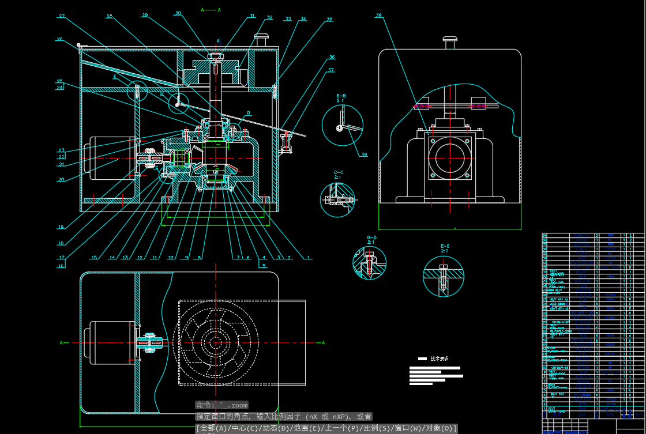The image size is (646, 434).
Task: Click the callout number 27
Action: [x=61, y=16]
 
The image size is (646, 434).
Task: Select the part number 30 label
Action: [x=178, y=13]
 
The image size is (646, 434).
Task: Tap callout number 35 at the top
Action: [x=329, y=20]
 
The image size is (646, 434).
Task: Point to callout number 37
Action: [x=331, y=70]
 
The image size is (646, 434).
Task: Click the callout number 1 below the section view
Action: [x=309, y=258]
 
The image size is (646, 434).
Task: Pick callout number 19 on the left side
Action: [x=61, y=227]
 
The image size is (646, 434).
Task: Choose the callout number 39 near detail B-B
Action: [x=364, y=154]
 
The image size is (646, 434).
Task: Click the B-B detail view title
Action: [x=341, y=98]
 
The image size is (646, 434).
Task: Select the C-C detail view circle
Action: [x=337, y=199]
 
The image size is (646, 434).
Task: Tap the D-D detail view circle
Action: [x=369, y=263]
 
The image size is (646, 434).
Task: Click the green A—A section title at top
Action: [x=211, y=10]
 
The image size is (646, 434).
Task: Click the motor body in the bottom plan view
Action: [x=110, y=342]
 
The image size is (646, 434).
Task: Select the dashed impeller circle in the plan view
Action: [x=216, y=343]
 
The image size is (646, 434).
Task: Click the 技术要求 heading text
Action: [x=440, y=358]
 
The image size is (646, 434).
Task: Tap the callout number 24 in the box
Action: [x=59, y=88]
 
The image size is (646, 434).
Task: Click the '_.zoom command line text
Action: [x=221, y=405]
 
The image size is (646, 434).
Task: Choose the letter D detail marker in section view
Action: [x=249, y=113]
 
